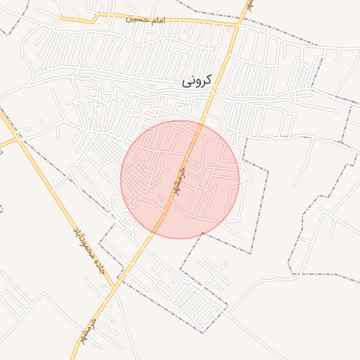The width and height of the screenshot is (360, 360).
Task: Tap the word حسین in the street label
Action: click(x=136, y=19)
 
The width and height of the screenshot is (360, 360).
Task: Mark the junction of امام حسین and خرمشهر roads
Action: click(x=237, y=26)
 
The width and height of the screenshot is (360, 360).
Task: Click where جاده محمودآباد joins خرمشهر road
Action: click(x=115, y=287)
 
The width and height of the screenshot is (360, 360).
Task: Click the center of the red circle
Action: click(x=180, y=179)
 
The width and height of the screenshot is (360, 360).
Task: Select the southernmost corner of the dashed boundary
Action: click(x=203, y=333)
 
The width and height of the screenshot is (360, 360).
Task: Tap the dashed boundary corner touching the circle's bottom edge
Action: click(x=202, y=233)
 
